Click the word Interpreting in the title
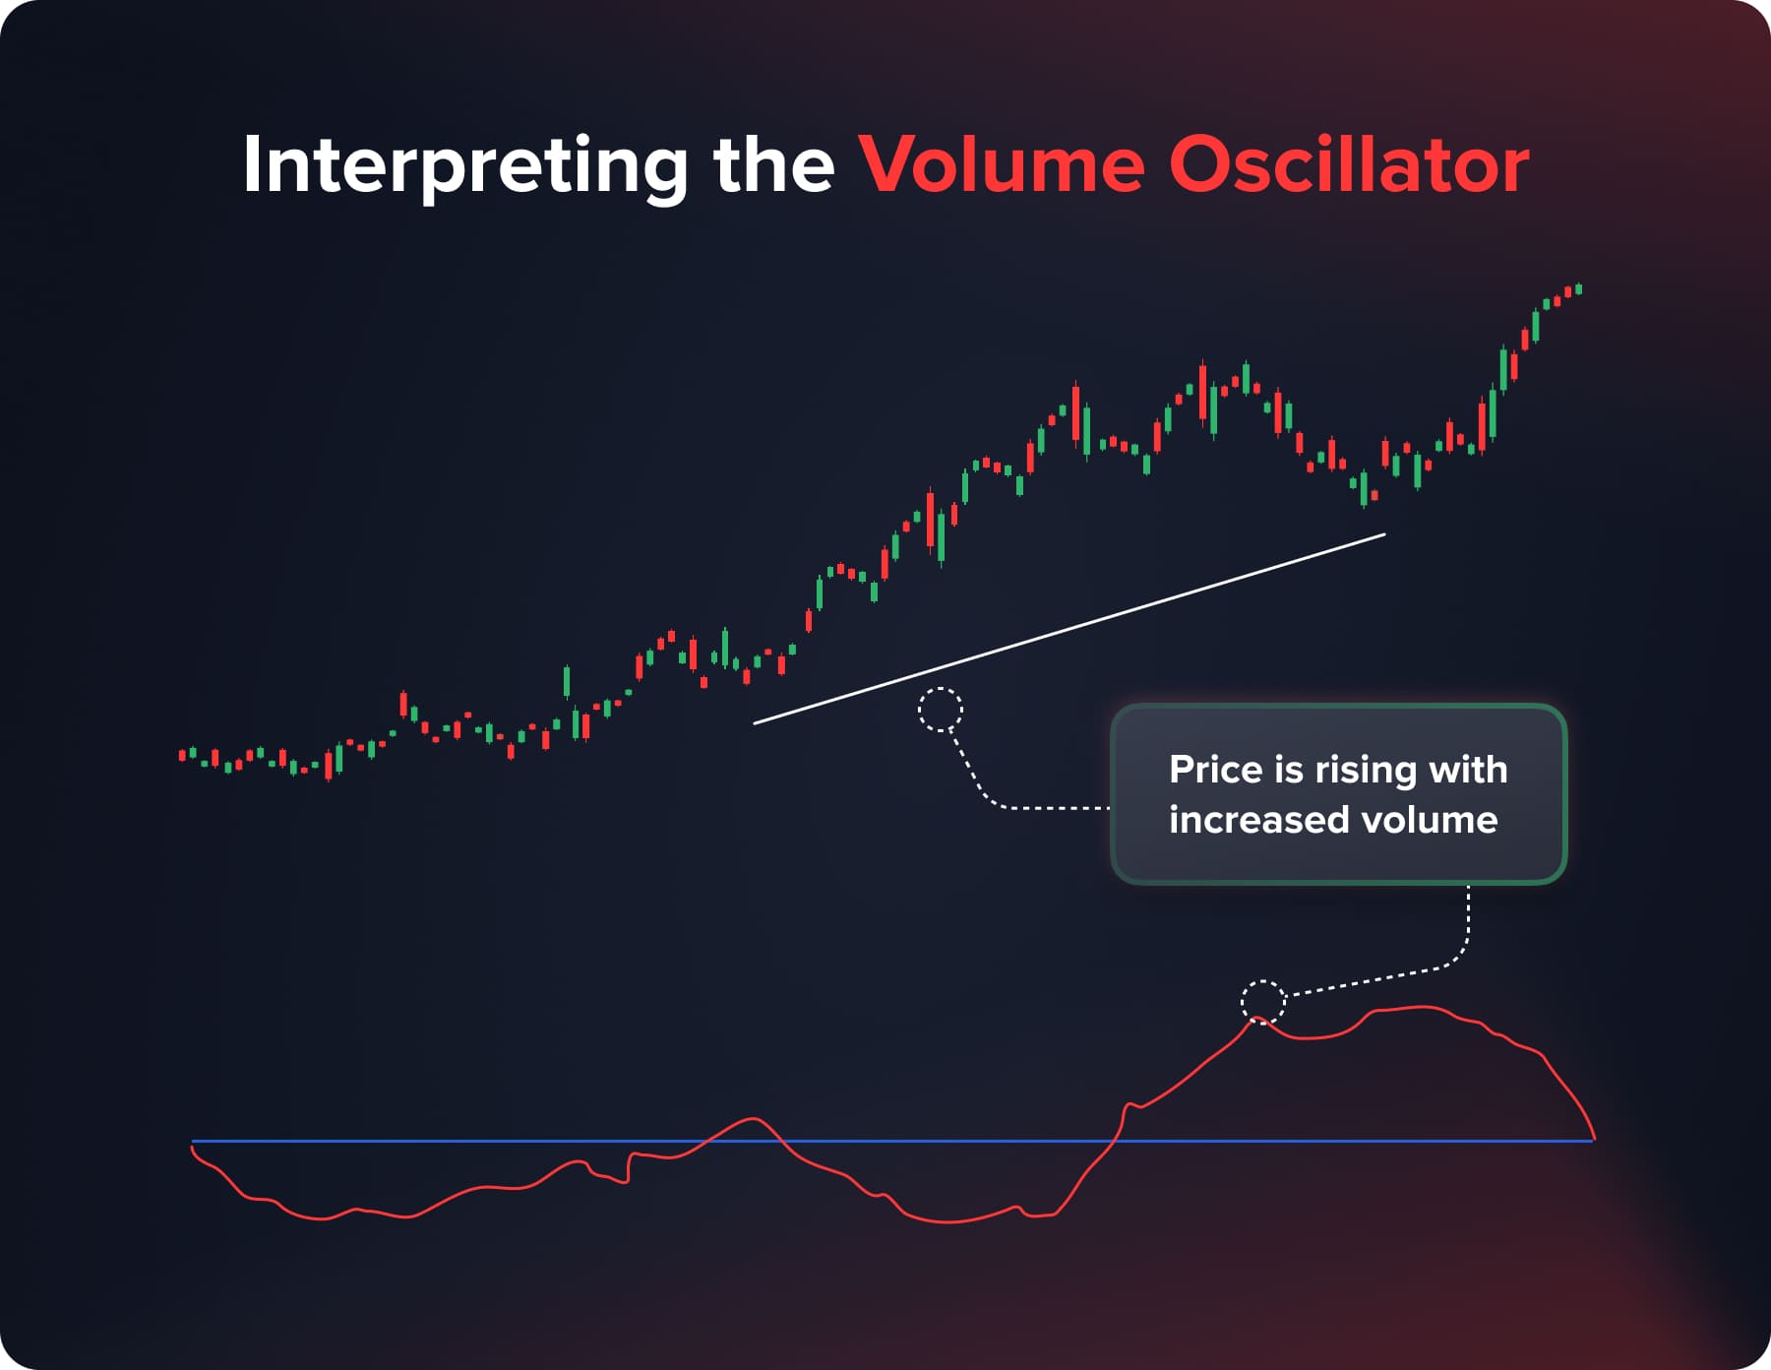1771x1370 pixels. pos(464,165)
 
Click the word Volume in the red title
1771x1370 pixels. pos(1002,163)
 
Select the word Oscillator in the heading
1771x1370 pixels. pos(1349,163)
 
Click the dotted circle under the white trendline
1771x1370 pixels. pos(940,710)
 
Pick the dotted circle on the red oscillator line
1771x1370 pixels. pos(1263,1003)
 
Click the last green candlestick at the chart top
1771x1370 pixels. pos(1579,288)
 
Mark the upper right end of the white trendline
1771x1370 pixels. pos(1383,534)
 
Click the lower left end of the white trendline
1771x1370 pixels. pos(756,722)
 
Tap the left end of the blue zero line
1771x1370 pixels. pos(194,1142)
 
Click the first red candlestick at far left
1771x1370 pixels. pos(182,756)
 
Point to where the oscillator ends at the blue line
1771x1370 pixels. pos(1592,1140)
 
